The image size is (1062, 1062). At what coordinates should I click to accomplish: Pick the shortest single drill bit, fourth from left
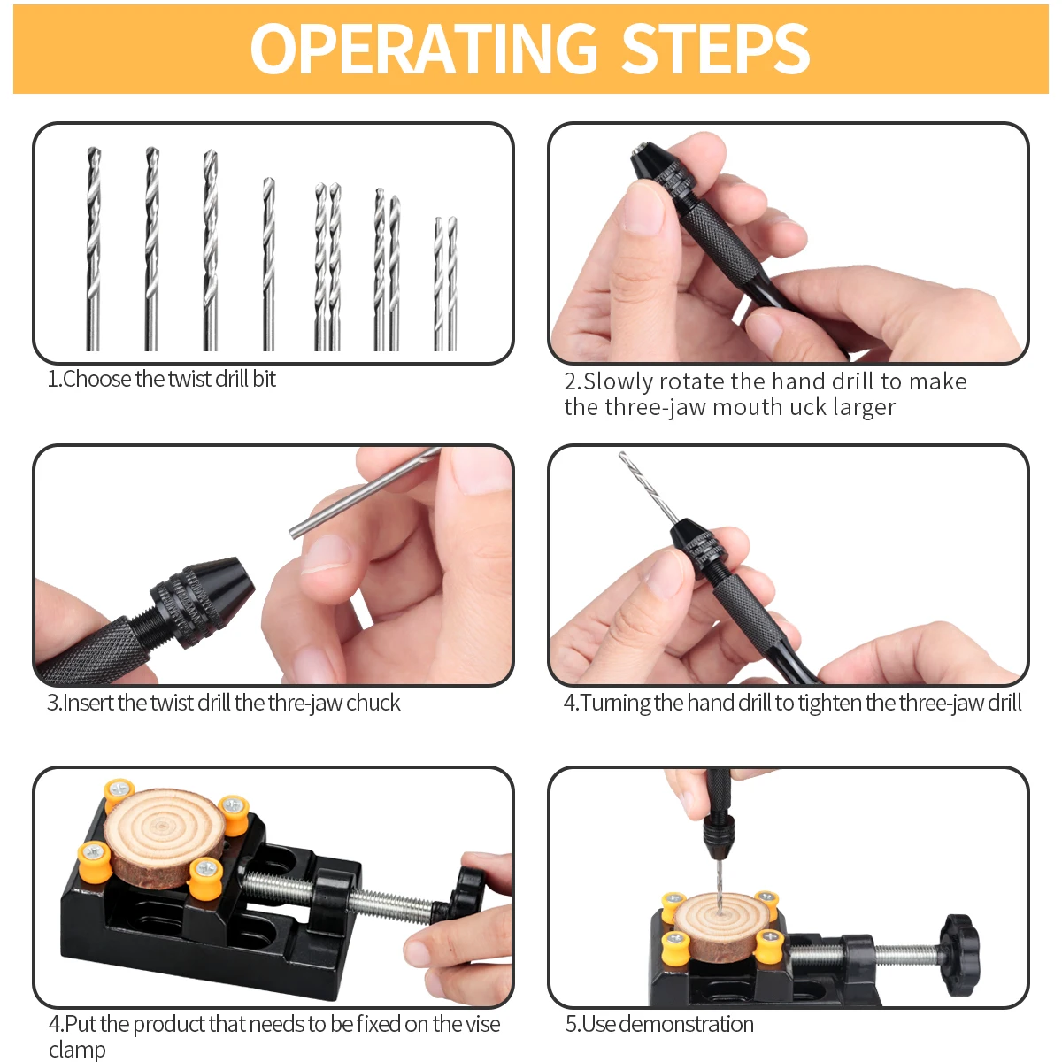(268, 265)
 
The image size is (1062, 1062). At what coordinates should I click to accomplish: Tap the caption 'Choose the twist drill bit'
(162, 380)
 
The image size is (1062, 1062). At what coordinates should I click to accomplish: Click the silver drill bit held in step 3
(363, 492)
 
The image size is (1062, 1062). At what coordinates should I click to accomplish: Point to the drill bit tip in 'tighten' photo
(623, 458)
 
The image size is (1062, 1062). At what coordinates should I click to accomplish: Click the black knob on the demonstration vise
(960, 943)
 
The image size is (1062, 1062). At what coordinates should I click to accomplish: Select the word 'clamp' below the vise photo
(77, 1050)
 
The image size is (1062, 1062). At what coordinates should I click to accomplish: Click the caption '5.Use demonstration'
(659, 1025)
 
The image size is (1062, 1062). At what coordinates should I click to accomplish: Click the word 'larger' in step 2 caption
(864, 408)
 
